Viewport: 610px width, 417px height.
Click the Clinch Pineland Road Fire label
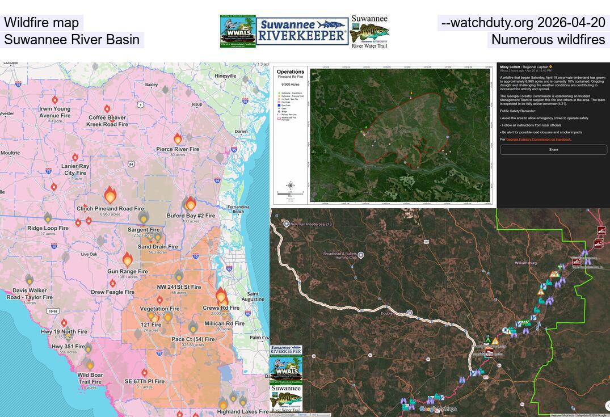coord(110,208)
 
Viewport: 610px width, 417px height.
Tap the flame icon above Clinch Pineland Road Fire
coord(110,195)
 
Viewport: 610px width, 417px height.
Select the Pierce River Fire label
coord(178,149)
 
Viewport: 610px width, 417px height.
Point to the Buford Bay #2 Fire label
coord(191,216)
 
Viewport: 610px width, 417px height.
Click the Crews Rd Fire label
coord(221,308)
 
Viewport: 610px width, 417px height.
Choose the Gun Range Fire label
coord(128,271)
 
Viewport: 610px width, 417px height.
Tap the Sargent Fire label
coord(143,230)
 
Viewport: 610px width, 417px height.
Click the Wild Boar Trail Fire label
coord(90,378)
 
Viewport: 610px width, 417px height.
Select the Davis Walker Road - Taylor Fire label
coord(30,294)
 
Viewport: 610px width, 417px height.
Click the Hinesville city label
coord(225,76)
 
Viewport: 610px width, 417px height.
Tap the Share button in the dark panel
coord(553,150)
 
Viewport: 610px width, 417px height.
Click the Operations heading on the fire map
coord(291,72)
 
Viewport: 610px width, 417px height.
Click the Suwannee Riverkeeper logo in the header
coord(302,31)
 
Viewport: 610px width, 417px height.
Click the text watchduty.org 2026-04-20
coord(523,23)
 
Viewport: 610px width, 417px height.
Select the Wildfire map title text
coord(41,23)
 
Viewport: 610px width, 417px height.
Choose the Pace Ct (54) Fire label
coord(193,339)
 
